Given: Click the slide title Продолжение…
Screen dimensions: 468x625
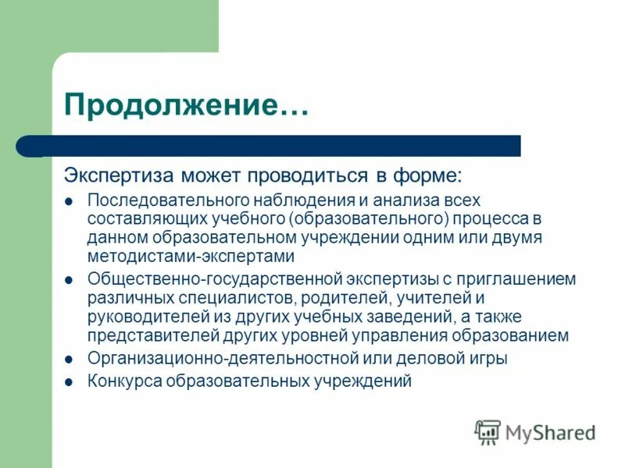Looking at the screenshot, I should point(186,105).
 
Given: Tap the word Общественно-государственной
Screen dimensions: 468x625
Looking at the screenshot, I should point(206,278).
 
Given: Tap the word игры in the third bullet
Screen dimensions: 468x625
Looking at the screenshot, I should point(491,359).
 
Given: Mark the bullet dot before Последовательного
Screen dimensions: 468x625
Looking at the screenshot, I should point(69,200).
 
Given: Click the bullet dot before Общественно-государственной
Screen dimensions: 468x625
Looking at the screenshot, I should point(69,278).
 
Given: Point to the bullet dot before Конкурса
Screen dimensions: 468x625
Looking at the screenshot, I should point(69,382).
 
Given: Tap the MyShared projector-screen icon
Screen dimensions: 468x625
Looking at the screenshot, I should point(487,431).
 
